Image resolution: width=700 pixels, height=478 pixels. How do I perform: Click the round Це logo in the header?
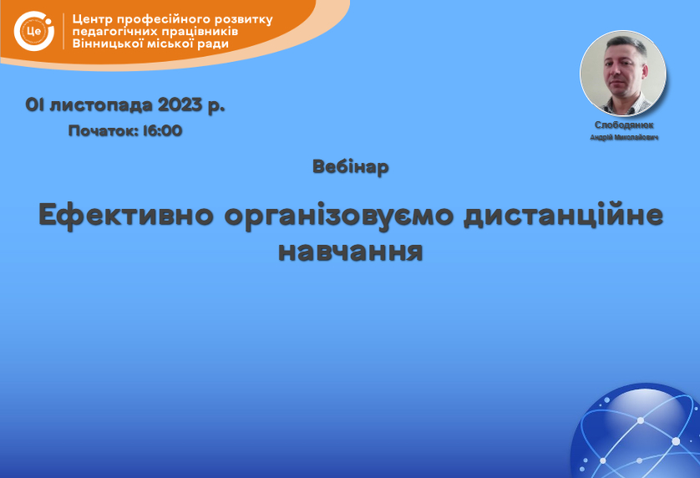[34, 31]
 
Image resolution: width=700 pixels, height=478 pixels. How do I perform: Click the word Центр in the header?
[93, 20]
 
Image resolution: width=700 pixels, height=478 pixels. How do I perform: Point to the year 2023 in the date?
[180, 105]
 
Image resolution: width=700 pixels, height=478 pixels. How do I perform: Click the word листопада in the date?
[101, 106]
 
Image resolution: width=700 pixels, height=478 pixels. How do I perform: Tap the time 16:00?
[163, 131]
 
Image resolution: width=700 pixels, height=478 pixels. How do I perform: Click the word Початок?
[104, 131]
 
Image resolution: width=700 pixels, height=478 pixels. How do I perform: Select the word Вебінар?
[351, 167]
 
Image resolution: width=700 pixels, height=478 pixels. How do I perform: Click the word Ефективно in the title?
[126, 216]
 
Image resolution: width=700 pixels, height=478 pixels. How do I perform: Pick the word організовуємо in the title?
[339, 216]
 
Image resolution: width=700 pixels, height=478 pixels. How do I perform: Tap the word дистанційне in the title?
[563, 215]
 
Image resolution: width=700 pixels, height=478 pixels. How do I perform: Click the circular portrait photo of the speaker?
[623, 73]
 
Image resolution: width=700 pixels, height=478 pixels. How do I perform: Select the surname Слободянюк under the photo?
[624, 125]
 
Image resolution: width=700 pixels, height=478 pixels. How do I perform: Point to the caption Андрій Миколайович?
[624, 137]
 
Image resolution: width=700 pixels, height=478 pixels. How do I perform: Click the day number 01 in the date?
[34, 105]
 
